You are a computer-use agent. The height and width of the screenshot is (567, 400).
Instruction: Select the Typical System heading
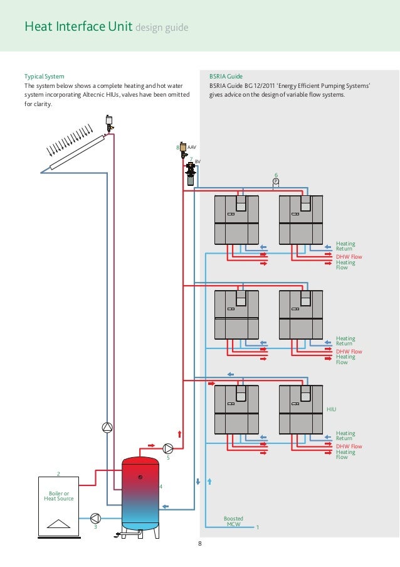(44, 76)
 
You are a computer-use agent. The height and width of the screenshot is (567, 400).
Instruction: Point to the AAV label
(192, 147)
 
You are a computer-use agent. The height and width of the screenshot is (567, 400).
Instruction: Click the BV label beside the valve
(197, 162)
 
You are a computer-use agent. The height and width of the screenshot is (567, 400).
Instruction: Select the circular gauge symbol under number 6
(275, 181)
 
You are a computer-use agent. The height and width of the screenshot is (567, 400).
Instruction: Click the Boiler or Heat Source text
(58, 496)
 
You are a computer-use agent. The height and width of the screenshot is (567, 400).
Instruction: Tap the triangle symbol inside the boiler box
(58, 524)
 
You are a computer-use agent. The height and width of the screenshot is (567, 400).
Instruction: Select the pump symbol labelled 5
(168, 448)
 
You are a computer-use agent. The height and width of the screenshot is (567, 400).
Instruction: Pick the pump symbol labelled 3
(95, 518)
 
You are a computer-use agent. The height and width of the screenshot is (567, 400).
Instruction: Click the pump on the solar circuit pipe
(107, 428)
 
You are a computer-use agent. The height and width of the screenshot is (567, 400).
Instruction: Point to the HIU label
(332, 409)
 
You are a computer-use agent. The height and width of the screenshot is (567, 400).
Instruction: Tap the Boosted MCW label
(233, 522)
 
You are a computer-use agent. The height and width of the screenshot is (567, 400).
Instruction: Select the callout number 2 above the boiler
(58, 474)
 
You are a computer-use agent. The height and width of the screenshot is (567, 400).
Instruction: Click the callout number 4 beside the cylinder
(161, 487)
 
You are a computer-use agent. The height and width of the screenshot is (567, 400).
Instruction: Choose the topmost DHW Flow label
(349, 257)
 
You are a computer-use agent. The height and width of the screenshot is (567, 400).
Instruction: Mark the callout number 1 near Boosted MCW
(257, 527)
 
